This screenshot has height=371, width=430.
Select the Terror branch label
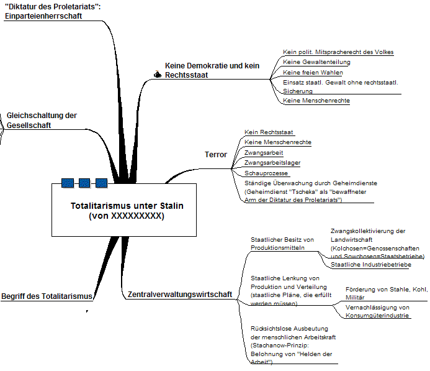(x=215, y=155)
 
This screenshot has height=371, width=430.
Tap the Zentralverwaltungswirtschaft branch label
(x=180, y=294)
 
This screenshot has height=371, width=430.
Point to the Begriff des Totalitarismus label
(x=47, y=296)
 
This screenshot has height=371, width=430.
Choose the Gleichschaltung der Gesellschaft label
(x=42, y=120)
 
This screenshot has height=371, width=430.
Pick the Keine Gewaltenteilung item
(x=316, y=62)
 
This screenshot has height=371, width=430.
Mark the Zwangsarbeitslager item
(x=272, y=163)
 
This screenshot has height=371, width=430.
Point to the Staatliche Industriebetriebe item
(x=370, y=265)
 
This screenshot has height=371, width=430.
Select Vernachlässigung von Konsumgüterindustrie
(x=377, y=311)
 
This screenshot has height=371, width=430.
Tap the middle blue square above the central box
(x=84, y=183)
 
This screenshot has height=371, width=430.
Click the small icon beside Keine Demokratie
(x=158, y=75)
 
